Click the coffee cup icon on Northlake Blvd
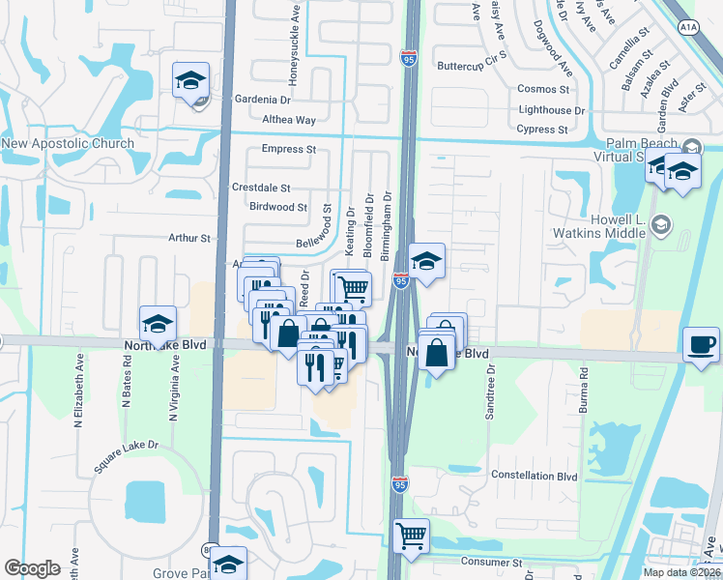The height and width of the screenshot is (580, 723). point(700,344)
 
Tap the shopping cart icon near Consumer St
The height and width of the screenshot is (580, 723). point(412,535)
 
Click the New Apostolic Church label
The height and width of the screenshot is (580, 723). point(68,144)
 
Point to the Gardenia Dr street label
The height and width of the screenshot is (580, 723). point(262,100)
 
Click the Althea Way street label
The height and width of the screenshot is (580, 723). point(289,120)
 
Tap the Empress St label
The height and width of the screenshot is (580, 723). point(289,150)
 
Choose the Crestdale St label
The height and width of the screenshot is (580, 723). point(261,188)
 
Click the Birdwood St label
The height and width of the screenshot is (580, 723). point(277,207)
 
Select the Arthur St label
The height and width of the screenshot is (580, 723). point(189,237)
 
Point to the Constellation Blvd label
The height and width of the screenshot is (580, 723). point(535,476)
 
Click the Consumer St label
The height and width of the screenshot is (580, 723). point(492,562)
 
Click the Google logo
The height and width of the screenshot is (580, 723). point(32,568)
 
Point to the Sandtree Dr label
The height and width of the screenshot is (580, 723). point(490,391)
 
